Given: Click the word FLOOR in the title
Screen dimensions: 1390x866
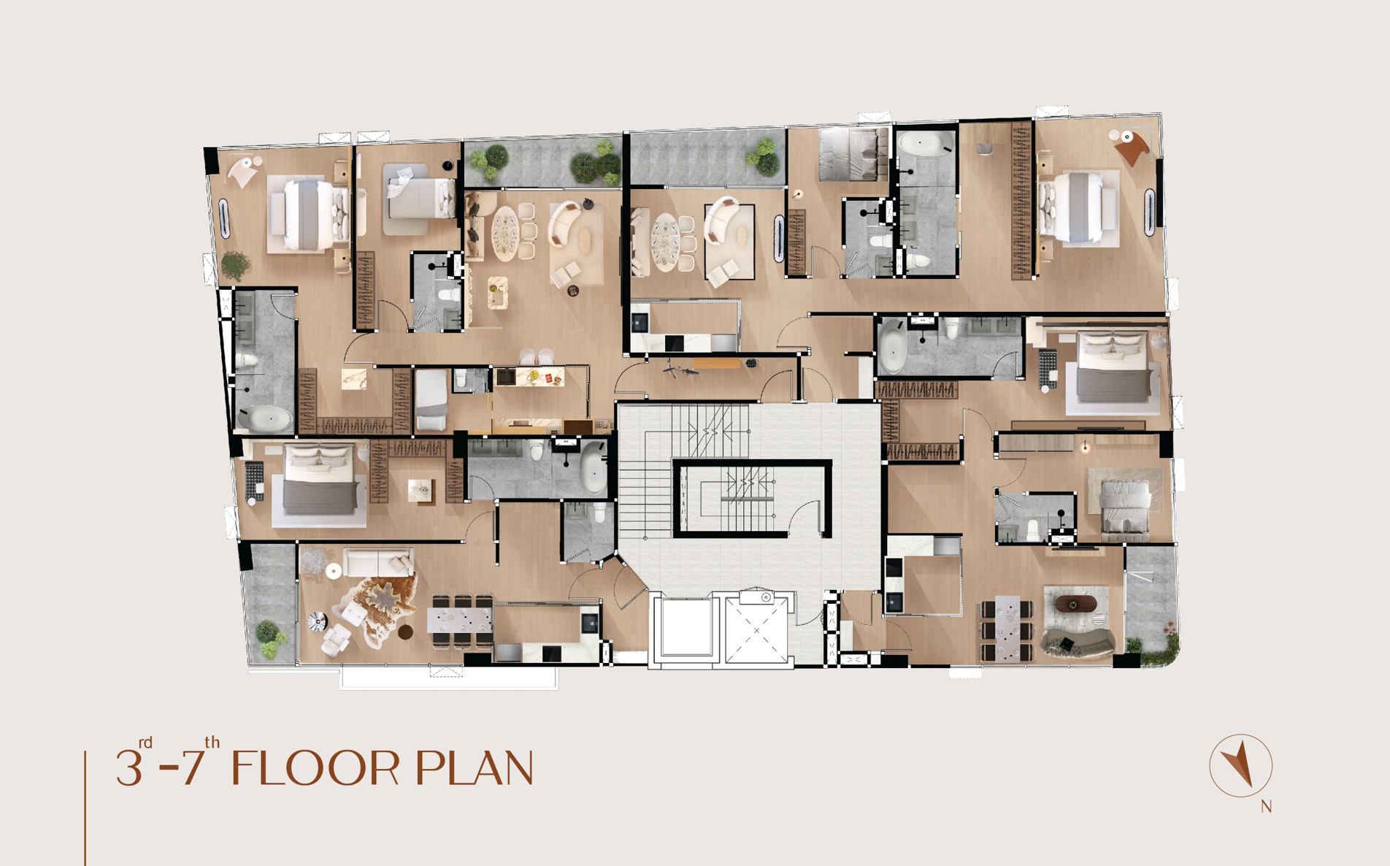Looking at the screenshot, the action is click(317, 768).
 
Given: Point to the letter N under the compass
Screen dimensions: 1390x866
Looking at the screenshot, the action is click(1267, 807).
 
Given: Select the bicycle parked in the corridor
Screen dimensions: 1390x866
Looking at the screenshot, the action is click(680, 369).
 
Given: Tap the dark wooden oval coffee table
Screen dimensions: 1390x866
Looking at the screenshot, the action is click(1076, 603).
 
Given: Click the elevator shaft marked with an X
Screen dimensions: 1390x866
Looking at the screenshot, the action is click(756, 629).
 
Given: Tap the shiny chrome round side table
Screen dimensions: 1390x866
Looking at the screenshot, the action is click(318, 621).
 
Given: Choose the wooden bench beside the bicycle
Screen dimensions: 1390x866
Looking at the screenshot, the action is click(718, 363).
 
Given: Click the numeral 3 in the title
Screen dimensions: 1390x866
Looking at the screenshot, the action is click(128, 768).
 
